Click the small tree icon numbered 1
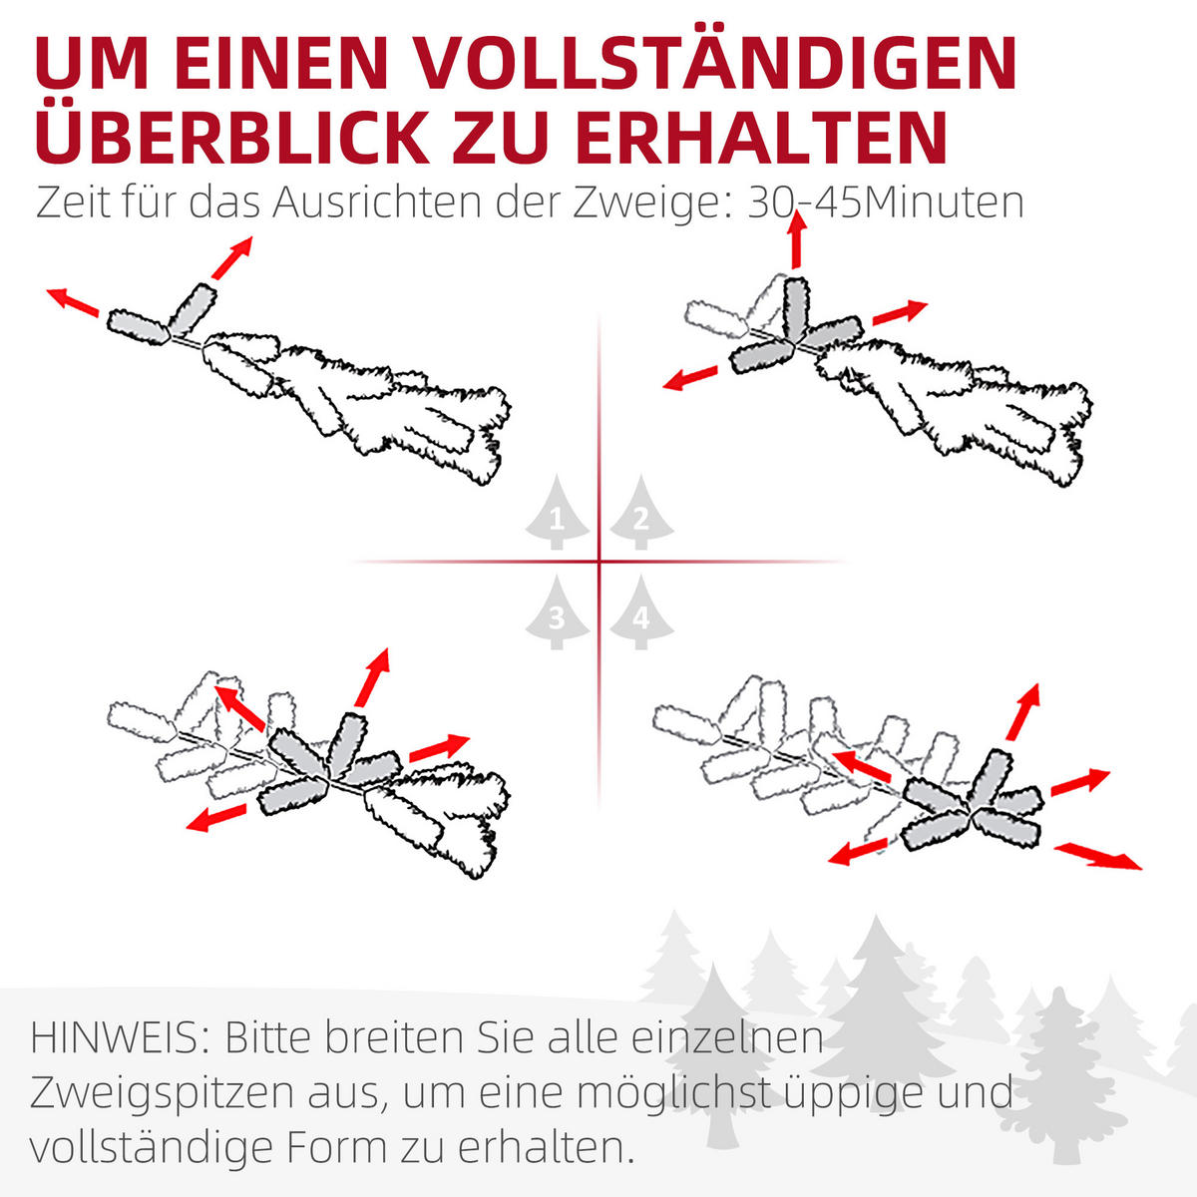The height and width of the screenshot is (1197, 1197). click(557, 515)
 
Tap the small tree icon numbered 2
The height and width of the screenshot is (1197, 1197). click(641, 515)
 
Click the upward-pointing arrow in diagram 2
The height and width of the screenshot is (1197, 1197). click(796, 239)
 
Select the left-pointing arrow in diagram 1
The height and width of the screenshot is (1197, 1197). click(73, 300)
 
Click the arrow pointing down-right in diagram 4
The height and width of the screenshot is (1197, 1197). click(1098, 855)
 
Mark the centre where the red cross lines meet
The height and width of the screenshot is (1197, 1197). click(599, 562)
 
